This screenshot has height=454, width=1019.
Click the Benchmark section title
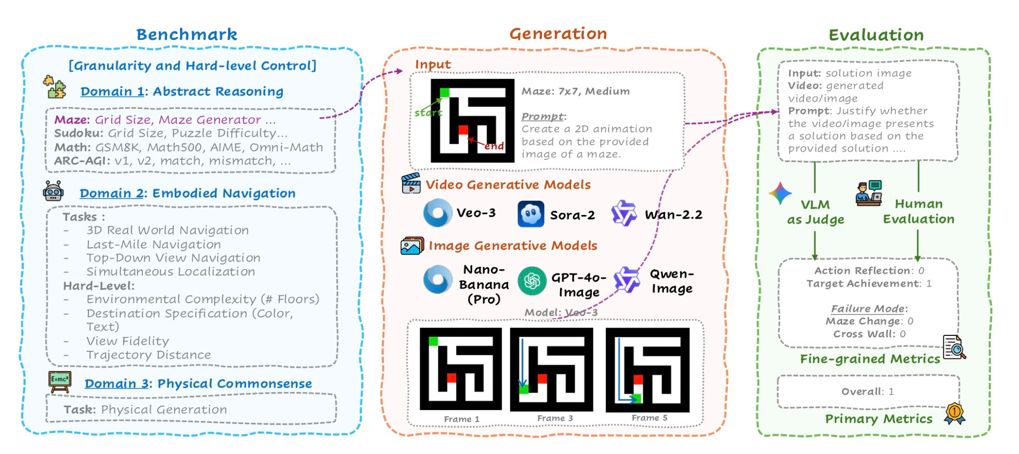187,35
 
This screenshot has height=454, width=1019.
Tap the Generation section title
558,34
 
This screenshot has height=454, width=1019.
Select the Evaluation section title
876,35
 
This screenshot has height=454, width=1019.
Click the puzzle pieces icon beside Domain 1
55,87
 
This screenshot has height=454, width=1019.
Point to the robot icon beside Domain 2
53,191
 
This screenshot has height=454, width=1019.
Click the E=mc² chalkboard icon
60,382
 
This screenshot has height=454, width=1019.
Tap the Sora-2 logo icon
531,214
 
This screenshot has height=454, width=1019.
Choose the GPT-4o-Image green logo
532,281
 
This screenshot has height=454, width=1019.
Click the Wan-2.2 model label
673,214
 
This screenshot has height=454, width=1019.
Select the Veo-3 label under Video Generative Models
476,213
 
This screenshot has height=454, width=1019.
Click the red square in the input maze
463,130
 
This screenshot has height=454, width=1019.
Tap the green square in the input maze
445,93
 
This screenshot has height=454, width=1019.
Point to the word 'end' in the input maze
494,146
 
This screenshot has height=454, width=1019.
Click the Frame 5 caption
649,418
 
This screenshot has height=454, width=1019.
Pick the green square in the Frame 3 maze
524,389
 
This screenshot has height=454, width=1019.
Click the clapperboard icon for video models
411,183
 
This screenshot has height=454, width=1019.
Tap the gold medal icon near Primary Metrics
955,413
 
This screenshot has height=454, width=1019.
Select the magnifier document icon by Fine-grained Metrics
954,347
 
